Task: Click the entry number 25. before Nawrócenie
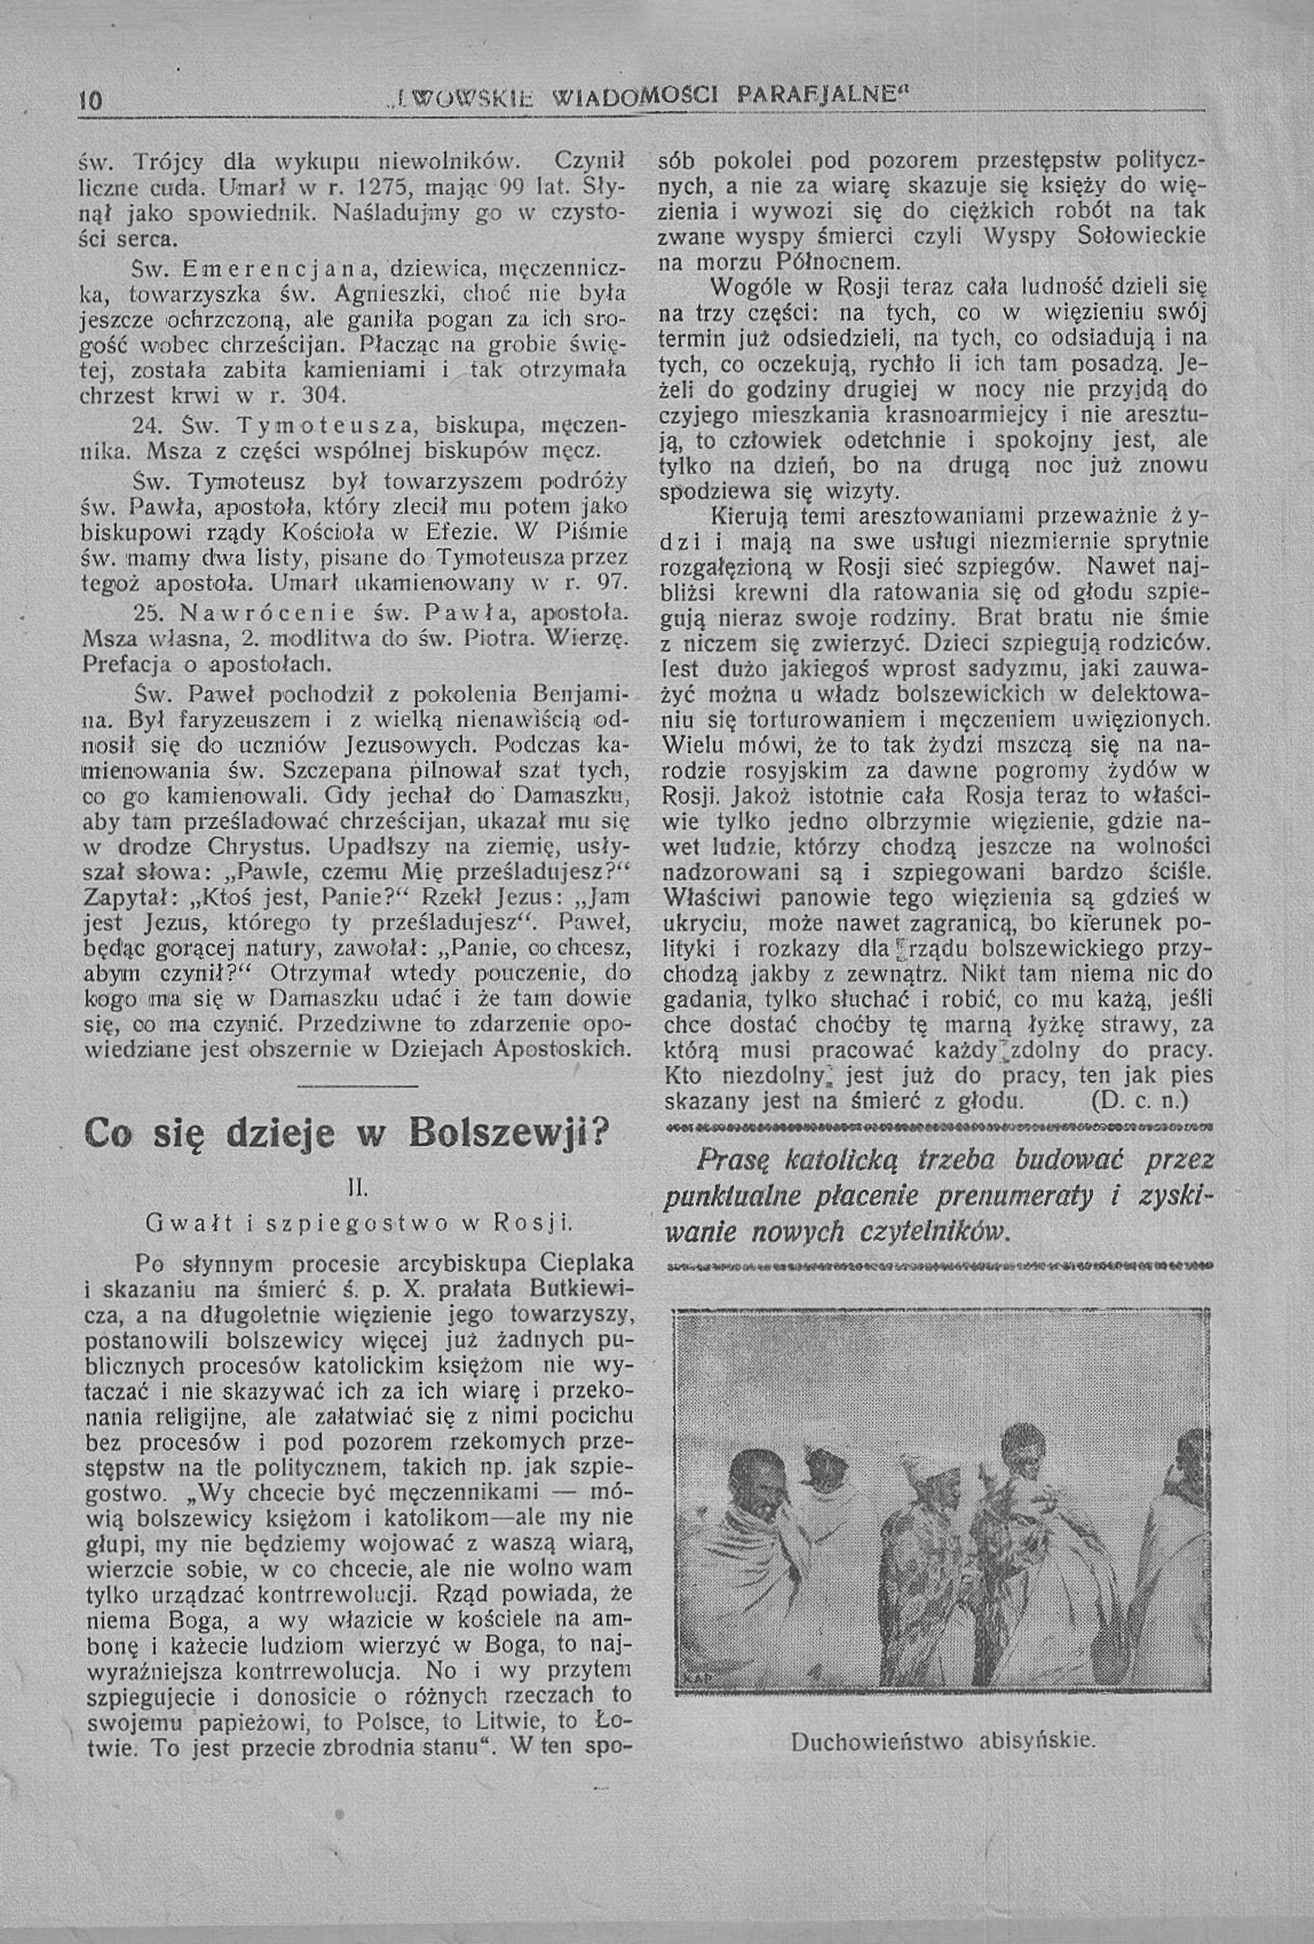pyautogui.click(x=148, y=613)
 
